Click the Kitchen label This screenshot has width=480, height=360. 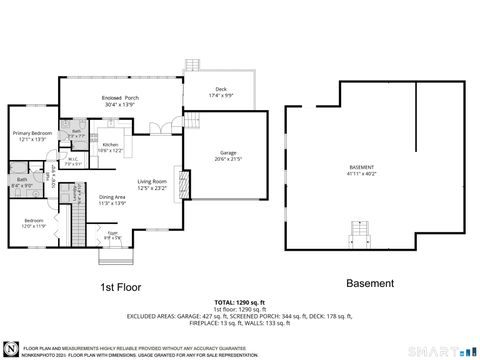click(112, 145)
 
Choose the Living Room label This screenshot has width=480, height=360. click(151, 181)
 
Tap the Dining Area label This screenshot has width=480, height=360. click(112, 198)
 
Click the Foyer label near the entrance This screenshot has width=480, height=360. click(111, 234)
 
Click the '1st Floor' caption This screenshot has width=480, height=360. click(120, 286)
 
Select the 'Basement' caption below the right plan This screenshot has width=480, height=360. click(370, 283)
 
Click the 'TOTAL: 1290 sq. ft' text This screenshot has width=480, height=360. click(239, 301)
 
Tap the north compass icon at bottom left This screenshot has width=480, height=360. click(11, 347)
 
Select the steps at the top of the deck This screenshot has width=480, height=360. click(192, 65)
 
